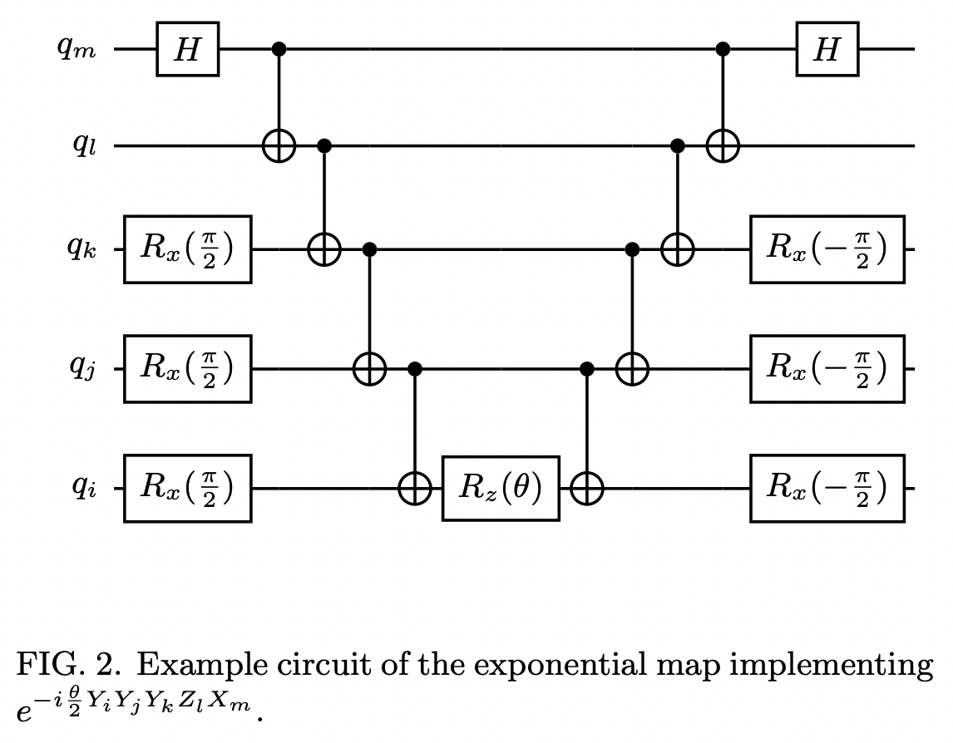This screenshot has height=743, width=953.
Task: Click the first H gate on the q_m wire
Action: tap(188, 50)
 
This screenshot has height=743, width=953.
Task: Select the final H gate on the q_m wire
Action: tap(827, 50)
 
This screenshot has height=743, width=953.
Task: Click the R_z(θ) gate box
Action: tap(500, 488)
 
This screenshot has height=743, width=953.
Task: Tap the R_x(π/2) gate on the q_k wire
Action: tap(187, 249)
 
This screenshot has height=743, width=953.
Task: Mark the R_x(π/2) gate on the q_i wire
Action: tap(187, 488)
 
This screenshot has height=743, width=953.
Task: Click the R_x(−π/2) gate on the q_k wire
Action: tap(826, 249)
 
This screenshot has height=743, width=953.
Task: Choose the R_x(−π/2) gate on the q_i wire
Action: tap(826, 488)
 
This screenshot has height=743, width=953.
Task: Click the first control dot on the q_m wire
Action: tap(279, 50)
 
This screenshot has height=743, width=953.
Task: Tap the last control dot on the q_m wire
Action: tap(723, 50)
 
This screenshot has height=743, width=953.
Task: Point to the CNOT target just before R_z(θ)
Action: tap(414, 489)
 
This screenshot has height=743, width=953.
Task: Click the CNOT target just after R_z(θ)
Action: tap(588, 489)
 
